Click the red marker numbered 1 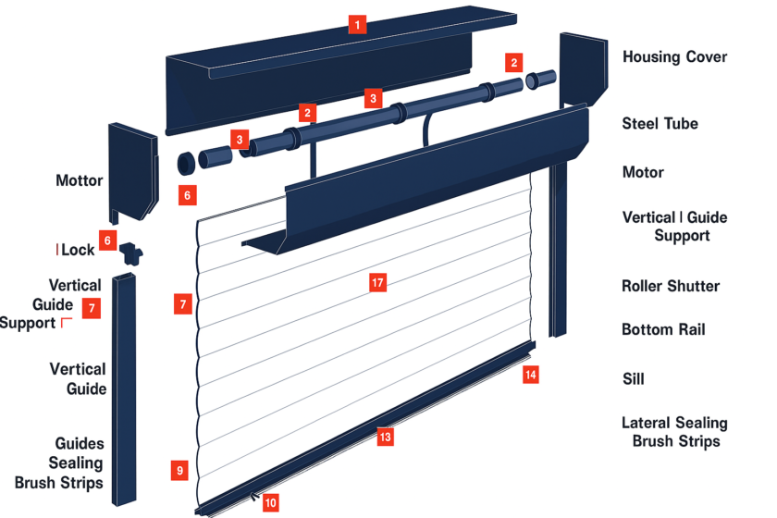coord(357,25)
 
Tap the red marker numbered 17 coord(377,283)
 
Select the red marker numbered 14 coord(530,375)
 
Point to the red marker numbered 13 coord(385,437)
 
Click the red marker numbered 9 coord(179,470)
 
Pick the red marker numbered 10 coord(270,502)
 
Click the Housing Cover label coord(674,56)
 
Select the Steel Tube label coord(660,123)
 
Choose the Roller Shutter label coord(671,286)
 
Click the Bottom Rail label coord(662,329)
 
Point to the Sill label coord(633,378)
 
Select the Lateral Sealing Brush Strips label coord(674,432)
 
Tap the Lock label coord(78,250)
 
